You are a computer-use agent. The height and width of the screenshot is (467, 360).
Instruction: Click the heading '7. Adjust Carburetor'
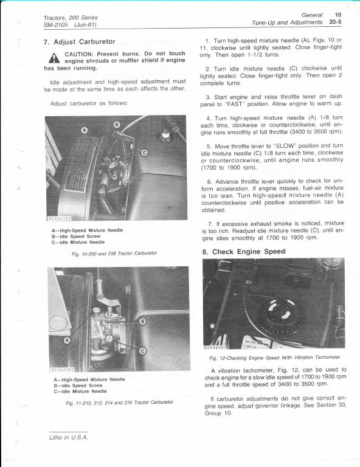tap(80, 42)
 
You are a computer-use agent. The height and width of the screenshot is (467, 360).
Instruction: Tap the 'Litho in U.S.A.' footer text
tap(68, 437)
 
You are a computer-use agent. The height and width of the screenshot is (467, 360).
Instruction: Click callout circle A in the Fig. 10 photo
tap(85, 130)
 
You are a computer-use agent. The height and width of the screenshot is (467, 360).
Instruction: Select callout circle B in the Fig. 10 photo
tap(117, 125)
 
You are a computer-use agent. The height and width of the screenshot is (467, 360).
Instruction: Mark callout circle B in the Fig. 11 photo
tap(143, 320)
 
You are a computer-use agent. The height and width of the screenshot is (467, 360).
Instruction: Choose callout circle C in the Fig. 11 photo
tap(142, 351)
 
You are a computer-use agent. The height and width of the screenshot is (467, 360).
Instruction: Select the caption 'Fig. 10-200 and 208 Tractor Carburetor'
tap(109, 252)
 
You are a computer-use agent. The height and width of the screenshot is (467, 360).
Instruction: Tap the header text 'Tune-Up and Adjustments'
tap(286, 22)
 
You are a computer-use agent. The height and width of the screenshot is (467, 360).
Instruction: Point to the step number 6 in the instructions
tap(209, 181)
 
